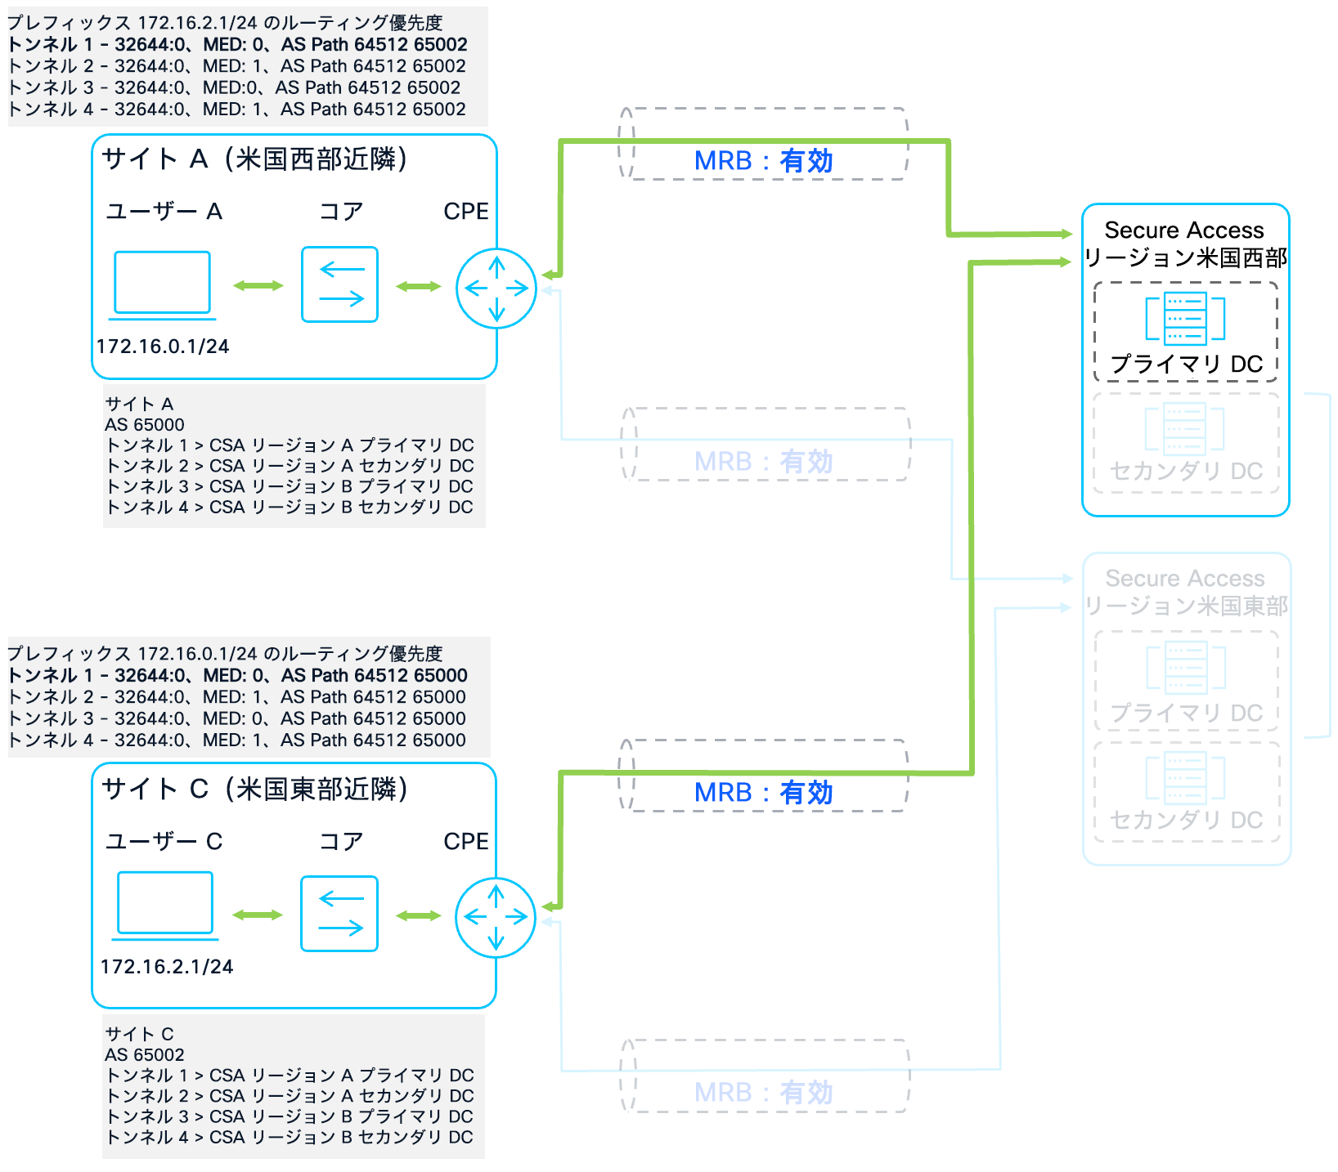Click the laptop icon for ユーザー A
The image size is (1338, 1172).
(x=162, y=284)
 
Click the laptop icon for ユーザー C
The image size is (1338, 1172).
(x=165, y=903)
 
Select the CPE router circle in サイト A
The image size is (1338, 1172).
(x=496, y=289)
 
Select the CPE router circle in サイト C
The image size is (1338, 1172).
(x=496, y=918)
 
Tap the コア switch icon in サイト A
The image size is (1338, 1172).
(x=339, y=284)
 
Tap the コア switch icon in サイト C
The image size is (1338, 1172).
(x=339, y=914)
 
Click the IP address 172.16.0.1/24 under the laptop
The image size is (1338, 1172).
(x=163, y=347)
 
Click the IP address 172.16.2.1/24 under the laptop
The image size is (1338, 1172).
(x=167, y=967)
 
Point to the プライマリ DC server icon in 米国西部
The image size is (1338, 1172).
(x=1185, y=319)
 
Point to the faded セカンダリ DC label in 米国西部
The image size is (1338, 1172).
(x=1186, y=472)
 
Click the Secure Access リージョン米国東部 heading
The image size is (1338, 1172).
(x=1185, y=592)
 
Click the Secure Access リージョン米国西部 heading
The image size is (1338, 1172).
(x=1185, y=244)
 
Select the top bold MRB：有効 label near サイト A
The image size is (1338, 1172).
(x=763, y=161)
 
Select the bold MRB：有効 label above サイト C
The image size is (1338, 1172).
(x=763, y=792)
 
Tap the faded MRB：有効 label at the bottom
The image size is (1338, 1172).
(x=763, y=1093)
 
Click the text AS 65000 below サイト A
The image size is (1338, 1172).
(x=145, y=425)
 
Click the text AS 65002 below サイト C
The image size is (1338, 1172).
(x=145, y=1055)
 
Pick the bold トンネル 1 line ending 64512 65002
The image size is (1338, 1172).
(x=237, y=45)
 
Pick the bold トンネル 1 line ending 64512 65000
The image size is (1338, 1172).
(x=237, y=676)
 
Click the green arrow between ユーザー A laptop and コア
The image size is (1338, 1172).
(x=258, y=286)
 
